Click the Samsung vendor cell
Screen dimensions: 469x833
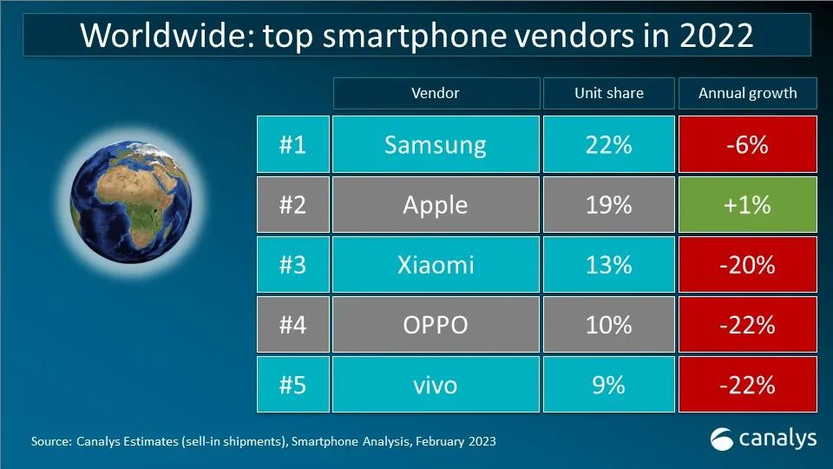point(436,144)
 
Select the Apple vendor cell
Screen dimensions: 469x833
point(436,204)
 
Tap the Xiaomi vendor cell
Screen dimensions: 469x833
point(436,264)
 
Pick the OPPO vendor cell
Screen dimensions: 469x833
point(436,324)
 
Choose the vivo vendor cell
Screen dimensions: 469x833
point(436,384)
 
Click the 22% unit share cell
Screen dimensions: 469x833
point(608,144)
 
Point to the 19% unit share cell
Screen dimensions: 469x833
point(608,204)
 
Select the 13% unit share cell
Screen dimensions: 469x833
point(608,264)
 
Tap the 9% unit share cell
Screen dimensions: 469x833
point(608,384)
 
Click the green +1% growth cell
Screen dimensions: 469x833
point(747,204)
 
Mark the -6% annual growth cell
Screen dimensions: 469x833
point(747,144)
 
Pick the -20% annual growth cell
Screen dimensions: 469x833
point(747,264)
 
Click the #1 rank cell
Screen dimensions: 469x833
point(292,144)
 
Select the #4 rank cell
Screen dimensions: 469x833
point(292,324)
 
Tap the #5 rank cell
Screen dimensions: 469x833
point(292,384)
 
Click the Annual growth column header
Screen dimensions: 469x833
point(747,93)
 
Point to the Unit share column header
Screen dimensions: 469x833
point(608,93)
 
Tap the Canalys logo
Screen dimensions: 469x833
point(763,439)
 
